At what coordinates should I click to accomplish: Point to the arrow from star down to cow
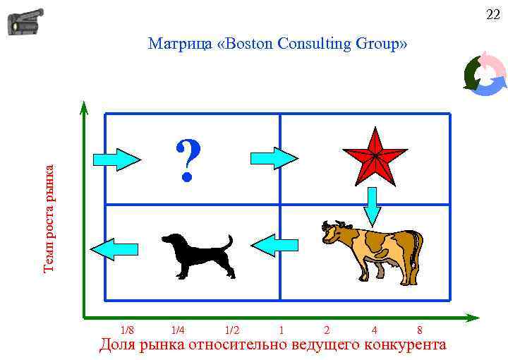click(x=373, y=205)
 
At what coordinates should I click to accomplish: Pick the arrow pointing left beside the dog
click(x=114, y=248)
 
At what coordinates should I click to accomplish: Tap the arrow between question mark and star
click(x=274, y=157)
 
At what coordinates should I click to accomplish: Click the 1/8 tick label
click(x=127, y=330)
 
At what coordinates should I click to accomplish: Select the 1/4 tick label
click(x=178, y=330)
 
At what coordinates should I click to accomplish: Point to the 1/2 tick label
click(x=231, y=330)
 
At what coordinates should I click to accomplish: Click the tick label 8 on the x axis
click(x=420, y=330)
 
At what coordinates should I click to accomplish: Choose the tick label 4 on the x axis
click(x=374, y=330)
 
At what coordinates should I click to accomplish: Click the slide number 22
click(x=492, y=15)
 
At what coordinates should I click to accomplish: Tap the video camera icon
click(x=25, y=22)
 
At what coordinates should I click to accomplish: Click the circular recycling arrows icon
click(x=485, y=73)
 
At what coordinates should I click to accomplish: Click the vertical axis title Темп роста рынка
click(x=49, y=218)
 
